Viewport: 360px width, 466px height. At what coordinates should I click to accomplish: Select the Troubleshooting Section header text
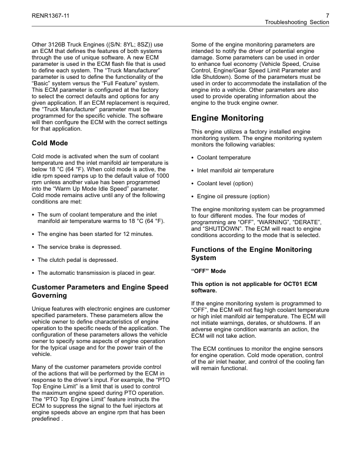pos(298,22)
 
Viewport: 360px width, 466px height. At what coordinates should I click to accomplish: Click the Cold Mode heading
pos(50,143)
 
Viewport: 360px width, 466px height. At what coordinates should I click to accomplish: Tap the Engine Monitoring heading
pos(228,118)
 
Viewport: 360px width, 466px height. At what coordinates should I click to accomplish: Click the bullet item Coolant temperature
pos(224,158)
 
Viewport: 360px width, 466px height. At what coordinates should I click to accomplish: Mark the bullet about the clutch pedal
pos(77,260)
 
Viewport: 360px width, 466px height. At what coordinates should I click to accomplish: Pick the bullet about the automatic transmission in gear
pos(96,273)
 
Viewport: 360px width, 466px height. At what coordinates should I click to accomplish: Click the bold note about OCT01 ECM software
pos(254,287)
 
